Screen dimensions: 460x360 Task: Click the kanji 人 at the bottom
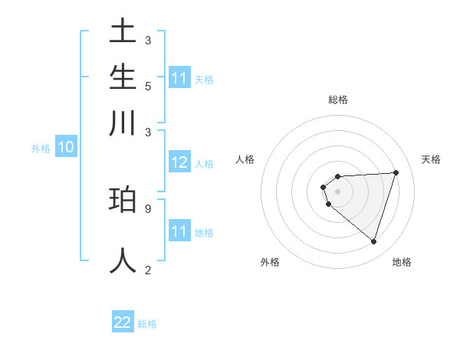pos(123,260)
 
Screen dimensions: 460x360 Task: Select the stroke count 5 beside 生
pos(147,86)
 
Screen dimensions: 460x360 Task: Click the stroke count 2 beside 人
pos(147,270)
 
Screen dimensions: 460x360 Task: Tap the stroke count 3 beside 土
pos(147,40)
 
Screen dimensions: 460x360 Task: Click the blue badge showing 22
pos(123,322)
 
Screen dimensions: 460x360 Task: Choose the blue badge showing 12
pos(179,162)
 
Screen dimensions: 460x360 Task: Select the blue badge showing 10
pos(65,147)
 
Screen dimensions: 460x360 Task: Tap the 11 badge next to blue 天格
pos(179,78)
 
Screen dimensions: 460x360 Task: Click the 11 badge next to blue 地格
pos(179,231)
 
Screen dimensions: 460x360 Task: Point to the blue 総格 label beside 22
pos(147,324)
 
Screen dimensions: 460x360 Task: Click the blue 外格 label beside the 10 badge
pos(41,149)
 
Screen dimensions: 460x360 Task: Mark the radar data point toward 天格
pos(396,172)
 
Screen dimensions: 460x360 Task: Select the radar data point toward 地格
pos(373,241)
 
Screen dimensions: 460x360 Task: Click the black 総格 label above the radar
pos(338,100)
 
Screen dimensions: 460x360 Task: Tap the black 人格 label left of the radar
pos(245,159)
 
